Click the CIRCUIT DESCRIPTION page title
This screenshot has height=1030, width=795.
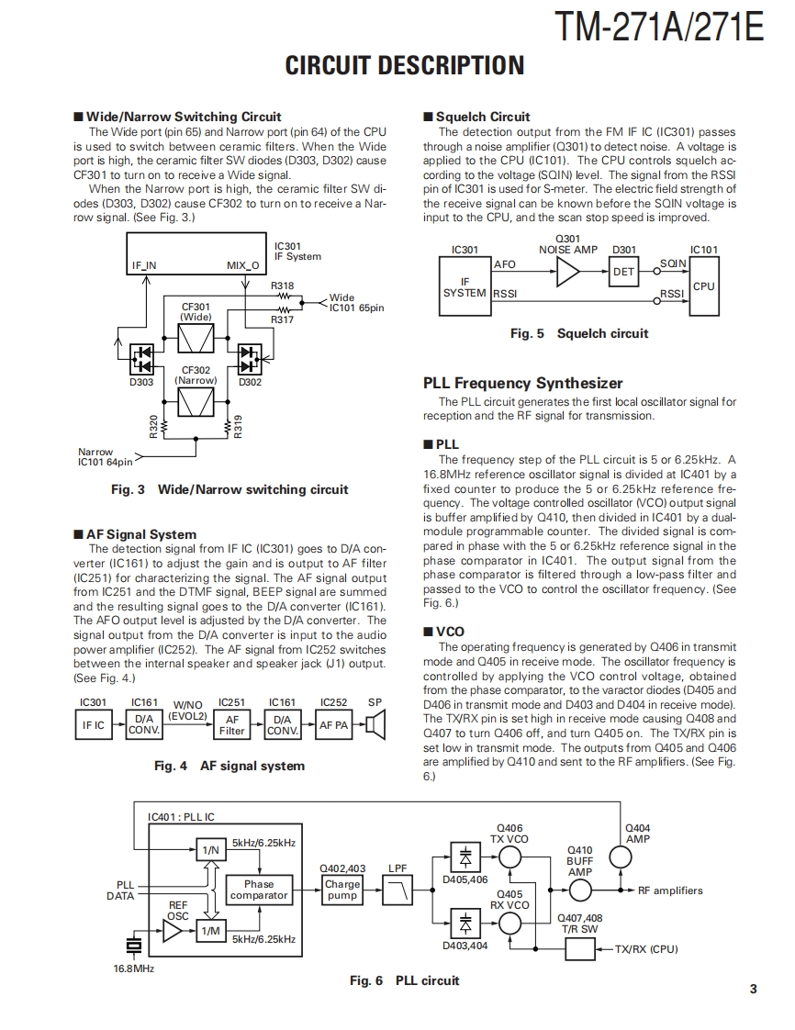click(x=405, y=65)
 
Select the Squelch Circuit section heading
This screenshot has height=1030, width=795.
click(x=483, y=117)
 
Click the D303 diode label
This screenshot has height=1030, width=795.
click(x=140, y=382)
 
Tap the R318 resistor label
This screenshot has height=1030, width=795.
click(x=283, y=285)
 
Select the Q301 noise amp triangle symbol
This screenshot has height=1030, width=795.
click(x=568, y=272)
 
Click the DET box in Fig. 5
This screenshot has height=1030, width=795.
click(x=623, y=272)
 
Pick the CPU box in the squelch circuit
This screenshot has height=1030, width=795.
click(x=703, y=286)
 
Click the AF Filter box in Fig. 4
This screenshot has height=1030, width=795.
click(x=232, y=725)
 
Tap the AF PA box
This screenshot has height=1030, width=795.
click(x=334, y=725)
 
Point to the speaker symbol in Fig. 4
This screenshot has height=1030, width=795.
click(x=375, y=726)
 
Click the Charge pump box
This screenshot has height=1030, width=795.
click(x=342, y=890)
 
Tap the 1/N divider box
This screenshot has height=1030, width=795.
click(x=211, y=850)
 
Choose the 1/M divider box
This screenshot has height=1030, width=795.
click(x=211, y=932)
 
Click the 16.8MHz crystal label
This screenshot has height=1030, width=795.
click(x=133, y=968)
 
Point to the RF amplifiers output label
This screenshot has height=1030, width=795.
click(x=670, y=890)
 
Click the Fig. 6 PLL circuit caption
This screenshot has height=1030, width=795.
click(x=404, y=980)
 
